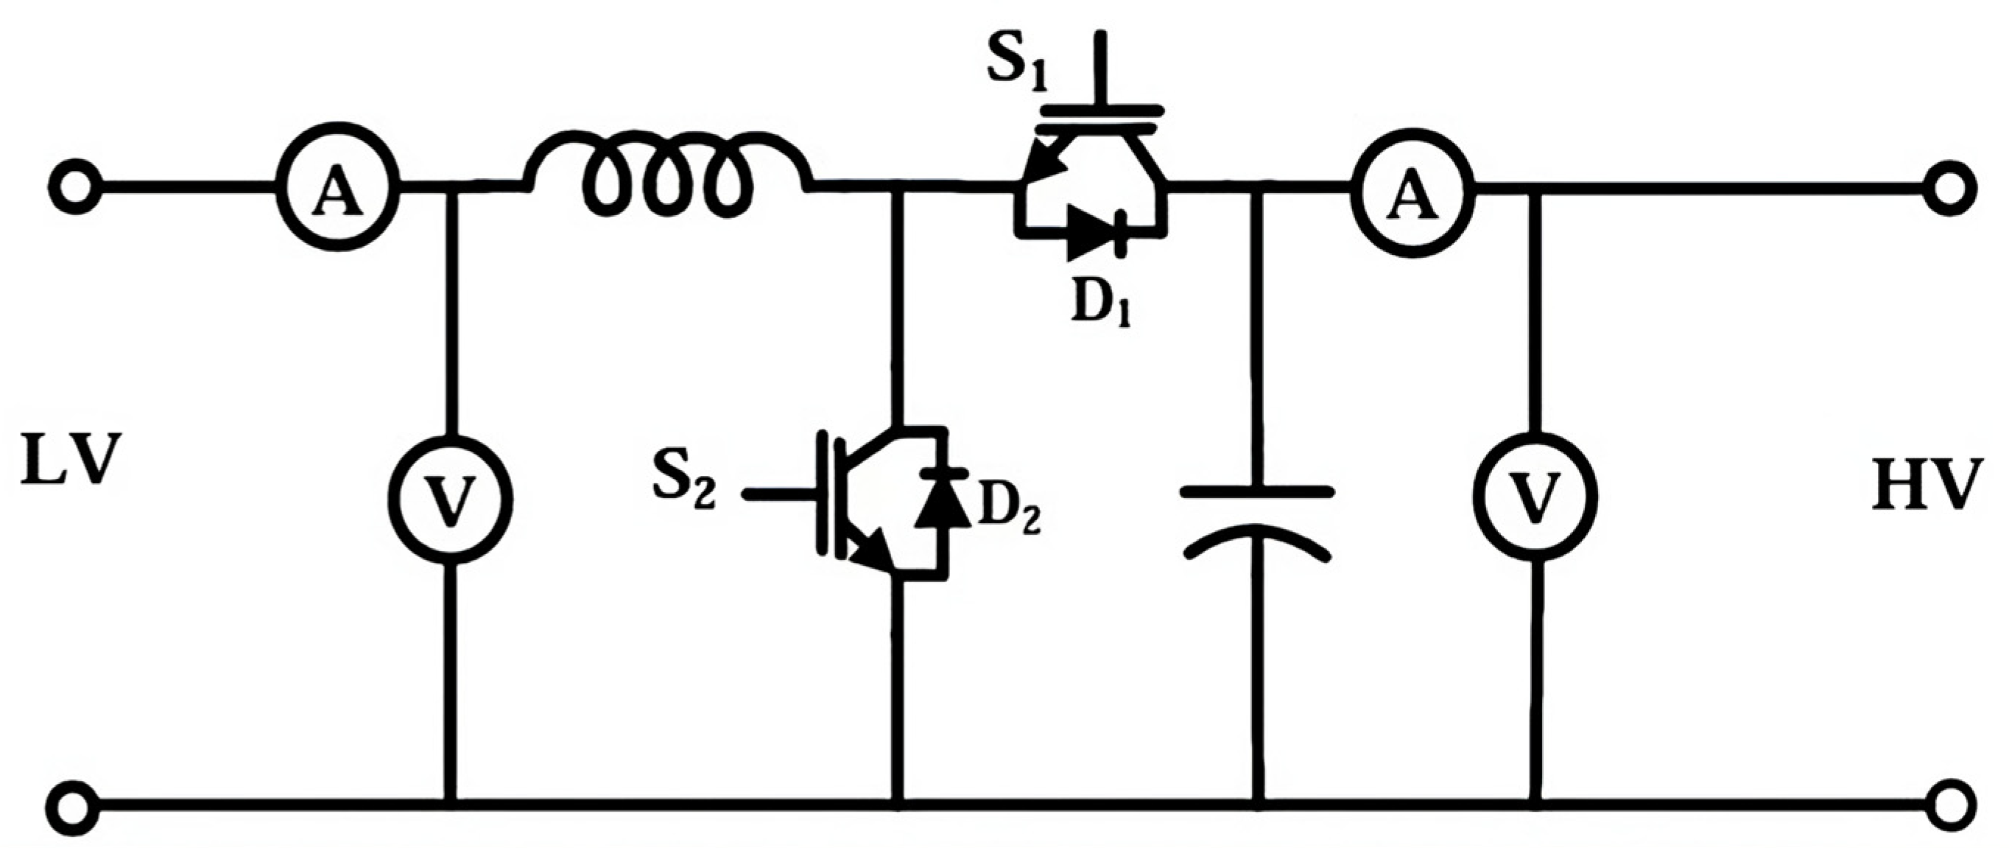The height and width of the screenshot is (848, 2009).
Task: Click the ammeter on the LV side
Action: [x=338, y=186]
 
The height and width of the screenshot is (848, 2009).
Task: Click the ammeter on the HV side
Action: [x=1412, y=186]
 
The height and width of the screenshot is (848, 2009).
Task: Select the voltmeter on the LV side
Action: [x=451, y=500]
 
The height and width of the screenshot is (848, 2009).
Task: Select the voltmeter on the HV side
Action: [x=1534, y=494]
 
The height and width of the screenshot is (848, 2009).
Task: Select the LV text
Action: [x=71, y=461]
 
